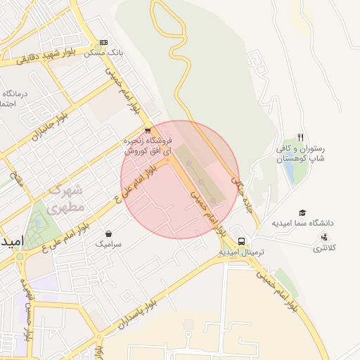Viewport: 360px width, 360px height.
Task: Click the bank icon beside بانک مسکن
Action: coord(104,42)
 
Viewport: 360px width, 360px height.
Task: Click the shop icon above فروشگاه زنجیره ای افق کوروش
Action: coord(146,130)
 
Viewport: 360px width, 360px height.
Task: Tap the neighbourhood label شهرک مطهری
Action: coord(67,198)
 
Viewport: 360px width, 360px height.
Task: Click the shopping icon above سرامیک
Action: coord(108,233)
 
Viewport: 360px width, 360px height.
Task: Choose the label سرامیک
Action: coord(108,244)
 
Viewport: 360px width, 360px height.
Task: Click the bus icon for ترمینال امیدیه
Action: coord(242,241)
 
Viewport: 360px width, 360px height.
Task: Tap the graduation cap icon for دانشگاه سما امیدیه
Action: coord(302,212)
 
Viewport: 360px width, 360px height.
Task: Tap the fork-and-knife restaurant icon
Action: coord(301,137)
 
